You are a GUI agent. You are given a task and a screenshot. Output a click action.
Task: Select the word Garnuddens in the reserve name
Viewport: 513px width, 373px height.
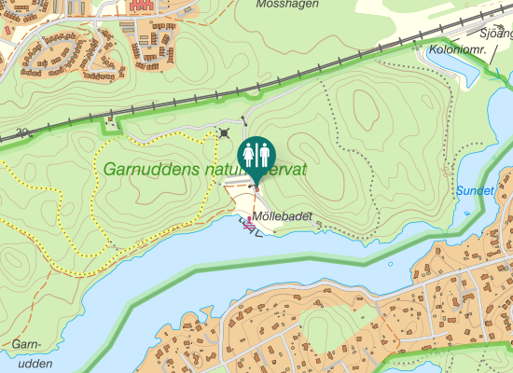[x=146, y=171]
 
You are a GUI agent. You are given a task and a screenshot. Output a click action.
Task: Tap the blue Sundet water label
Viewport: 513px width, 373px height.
[x=477, y=190]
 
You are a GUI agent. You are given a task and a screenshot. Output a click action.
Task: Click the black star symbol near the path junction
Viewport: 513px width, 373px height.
[x=224, y=133]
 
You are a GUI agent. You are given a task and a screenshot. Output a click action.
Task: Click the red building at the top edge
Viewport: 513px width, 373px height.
[x=142, y=5]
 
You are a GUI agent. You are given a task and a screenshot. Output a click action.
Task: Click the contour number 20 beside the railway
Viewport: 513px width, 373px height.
[x=21, y=132]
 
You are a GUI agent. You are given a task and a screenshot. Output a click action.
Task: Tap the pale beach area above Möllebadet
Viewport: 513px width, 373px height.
[x=244, y=201]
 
